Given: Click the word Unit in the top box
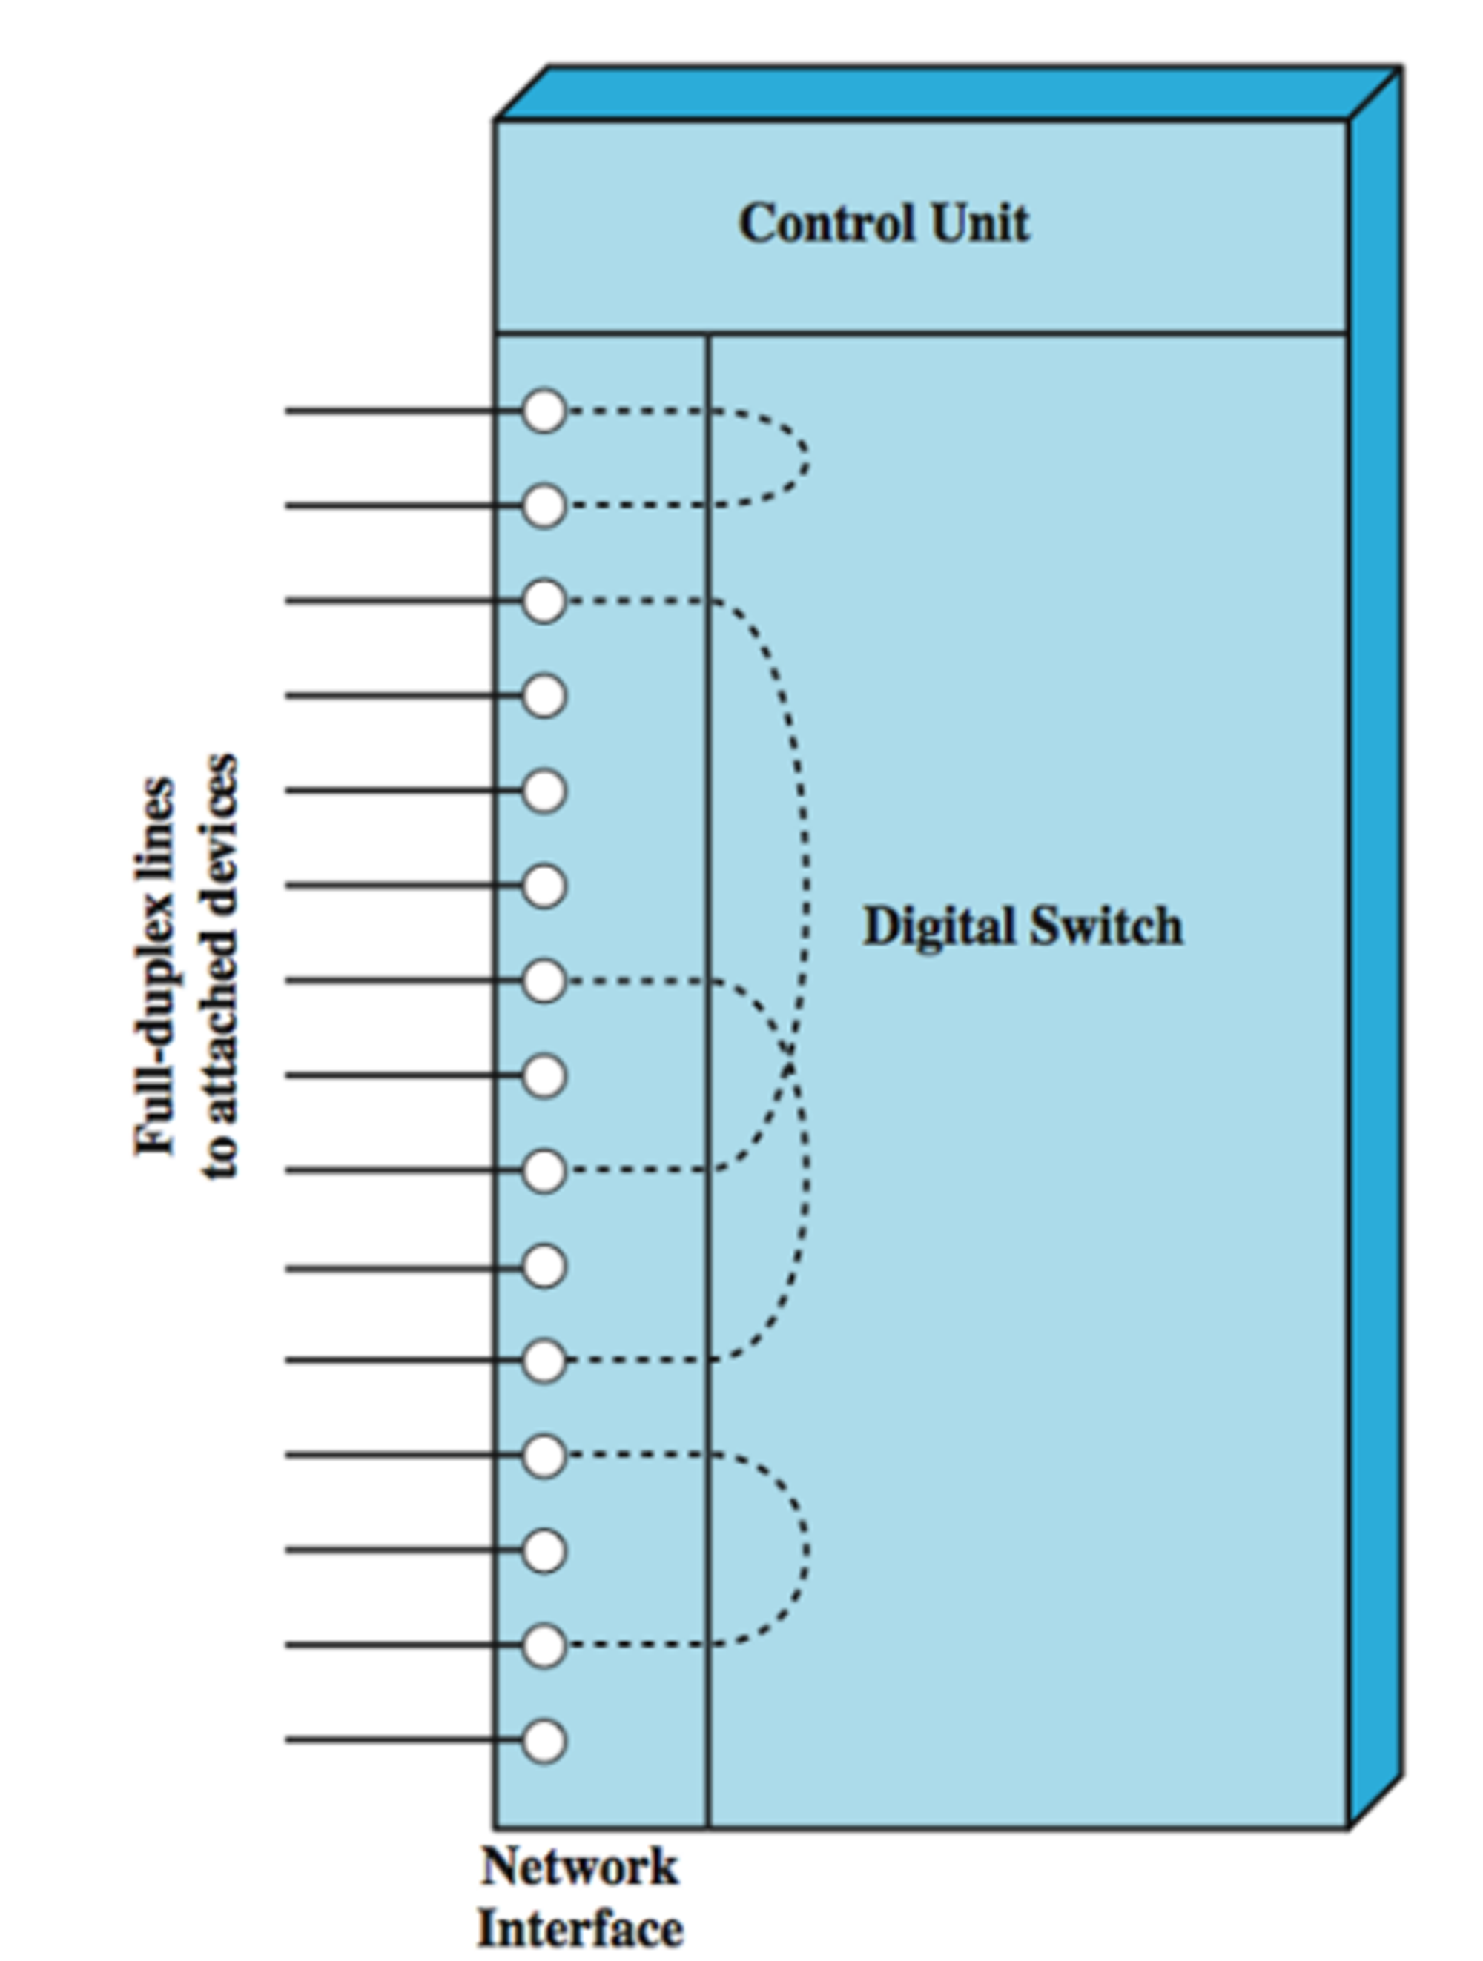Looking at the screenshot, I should point(980,223).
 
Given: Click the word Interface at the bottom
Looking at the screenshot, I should point(580,1929).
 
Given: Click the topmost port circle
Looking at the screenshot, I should point(544,411).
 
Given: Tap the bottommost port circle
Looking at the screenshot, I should point(544,1740).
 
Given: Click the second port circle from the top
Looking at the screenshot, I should point(544,505).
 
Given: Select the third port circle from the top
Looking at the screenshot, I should point(544,600).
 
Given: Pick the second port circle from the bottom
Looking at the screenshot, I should point(544,1645).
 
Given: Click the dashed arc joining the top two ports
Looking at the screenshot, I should point(805,457).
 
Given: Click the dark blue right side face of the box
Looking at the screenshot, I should point(1375,886).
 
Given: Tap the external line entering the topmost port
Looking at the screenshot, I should point(399,411).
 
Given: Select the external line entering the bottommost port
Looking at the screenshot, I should point(399,1740).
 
